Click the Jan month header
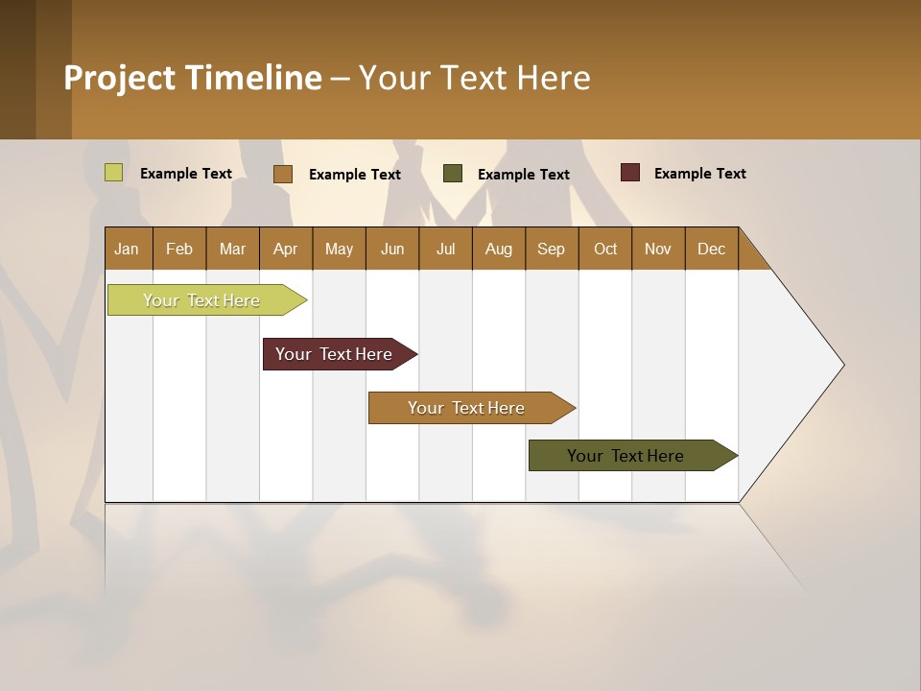point(128,249)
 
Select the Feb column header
point(179,249)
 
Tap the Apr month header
point(286,249)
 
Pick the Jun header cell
point(392,249)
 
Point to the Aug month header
point(499,249)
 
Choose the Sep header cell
point(552,249)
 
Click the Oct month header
point(605,249)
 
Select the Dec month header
point(712,249)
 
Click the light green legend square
point(114,173)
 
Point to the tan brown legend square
point(283,174)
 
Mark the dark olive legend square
point(453,174)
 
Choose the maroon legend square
point(630,173)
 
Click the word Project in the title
point(120,78)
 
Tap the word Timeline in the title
point(253,78)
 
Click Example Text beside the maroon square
point(699,174)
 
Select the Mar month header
point(232,249)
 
